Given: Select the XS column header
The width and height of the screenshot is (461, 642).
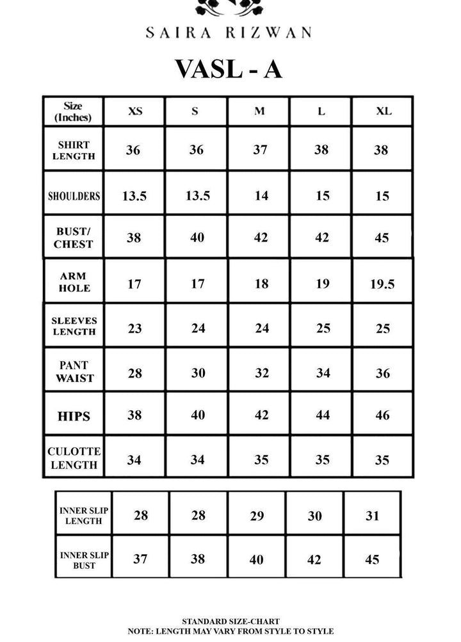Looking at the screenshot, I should click(x=134, y=111).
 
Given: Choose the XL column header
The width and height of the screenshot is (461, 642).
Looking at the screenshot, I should click(x=383, y=111).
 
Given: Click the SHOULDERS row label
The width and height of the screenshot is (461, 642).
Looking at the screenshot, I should click(x=74, y=196).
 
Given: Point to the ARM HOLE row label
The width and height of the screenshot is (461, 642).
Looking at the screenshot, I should click(x=74, y=283).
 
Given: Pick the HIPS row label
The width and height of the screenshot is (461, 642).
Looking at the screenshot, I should click(x=74, y=416).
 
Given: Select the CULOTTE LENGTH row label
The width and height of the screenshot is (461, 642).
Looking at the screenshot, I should click(x=74, y=458).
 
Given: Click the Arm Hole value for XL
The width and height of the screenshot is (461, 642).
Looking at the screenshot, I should click(x=382, y=283).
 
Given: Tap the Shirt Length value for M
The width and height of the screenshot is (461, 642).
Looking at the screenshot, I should click(x=260, y=151).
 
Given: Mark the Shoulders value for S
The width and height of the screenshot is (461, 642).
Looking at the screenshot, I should click(x=198, y=196).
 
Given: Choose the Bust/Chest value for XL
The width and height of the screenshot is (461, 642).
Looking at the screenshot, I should click(x=382, y=238).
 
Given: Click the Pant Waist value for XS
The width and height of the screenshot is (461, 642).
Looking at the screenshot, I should click(x=134, y=373).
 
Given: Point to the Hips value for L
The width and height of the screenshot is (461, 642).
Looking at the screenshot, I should click(x=323, y=416).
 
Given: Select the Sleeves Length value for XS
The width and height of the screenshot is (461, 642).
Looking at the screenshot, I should click(x=134, y=329).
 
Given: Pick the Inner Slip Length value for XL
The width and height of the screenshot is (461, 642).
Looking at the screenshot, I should click(x=372, y=516).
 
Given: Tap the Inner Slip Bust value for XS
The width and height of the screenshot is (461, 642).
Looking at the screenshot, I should click(x=140, y=559).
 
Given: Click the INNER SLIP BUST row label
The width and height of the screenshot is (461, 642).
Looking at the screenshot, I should click(x=84, y=560).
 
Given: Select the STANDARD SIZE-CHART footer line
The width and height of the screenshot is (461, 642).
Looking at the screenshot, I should click(x=230, y=621).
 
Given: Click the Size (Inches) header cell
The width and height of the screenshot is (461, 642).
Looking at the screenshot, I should click(x=73, y=111).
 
